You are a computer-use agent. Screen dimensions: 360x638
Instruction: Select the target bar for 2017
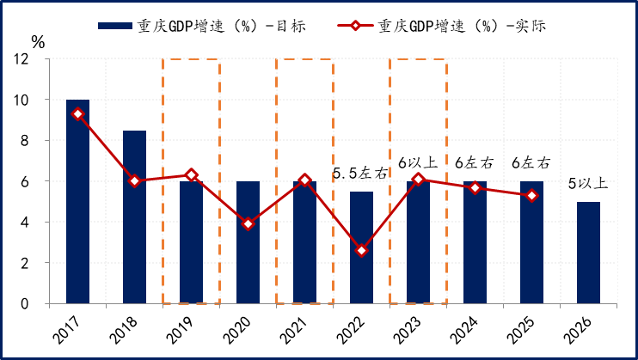tap(77, 202)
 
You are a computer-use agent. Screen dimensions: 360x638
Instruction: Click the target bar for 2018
tap(134, 217)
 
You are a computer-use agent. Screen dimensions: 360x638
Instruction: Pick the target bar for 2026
tap(589, 253)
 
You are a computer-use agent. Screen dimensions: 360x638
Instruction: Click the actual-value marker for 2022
tap(362, 251)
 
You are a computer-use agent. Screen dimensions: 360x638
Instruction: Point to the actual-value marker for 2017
tap(77, 114)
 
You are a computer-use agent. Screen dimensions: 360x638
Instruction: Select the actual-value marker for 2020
tap(248, 224)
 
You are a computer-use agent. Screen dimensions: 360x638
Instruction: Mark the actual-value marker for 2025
tap(532, 196)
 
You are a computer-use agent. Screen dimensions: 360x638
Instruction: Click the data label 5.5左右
tap(360, 174)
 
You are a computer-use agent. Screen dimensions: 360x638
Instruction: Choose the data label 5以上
tap(589, 183)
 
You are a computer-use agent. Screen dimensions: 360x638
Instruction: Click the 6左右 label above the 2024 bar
tap(474, 162)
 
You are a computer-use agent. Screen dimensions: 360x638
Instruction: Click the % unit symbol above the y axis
tap(38, 40)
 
